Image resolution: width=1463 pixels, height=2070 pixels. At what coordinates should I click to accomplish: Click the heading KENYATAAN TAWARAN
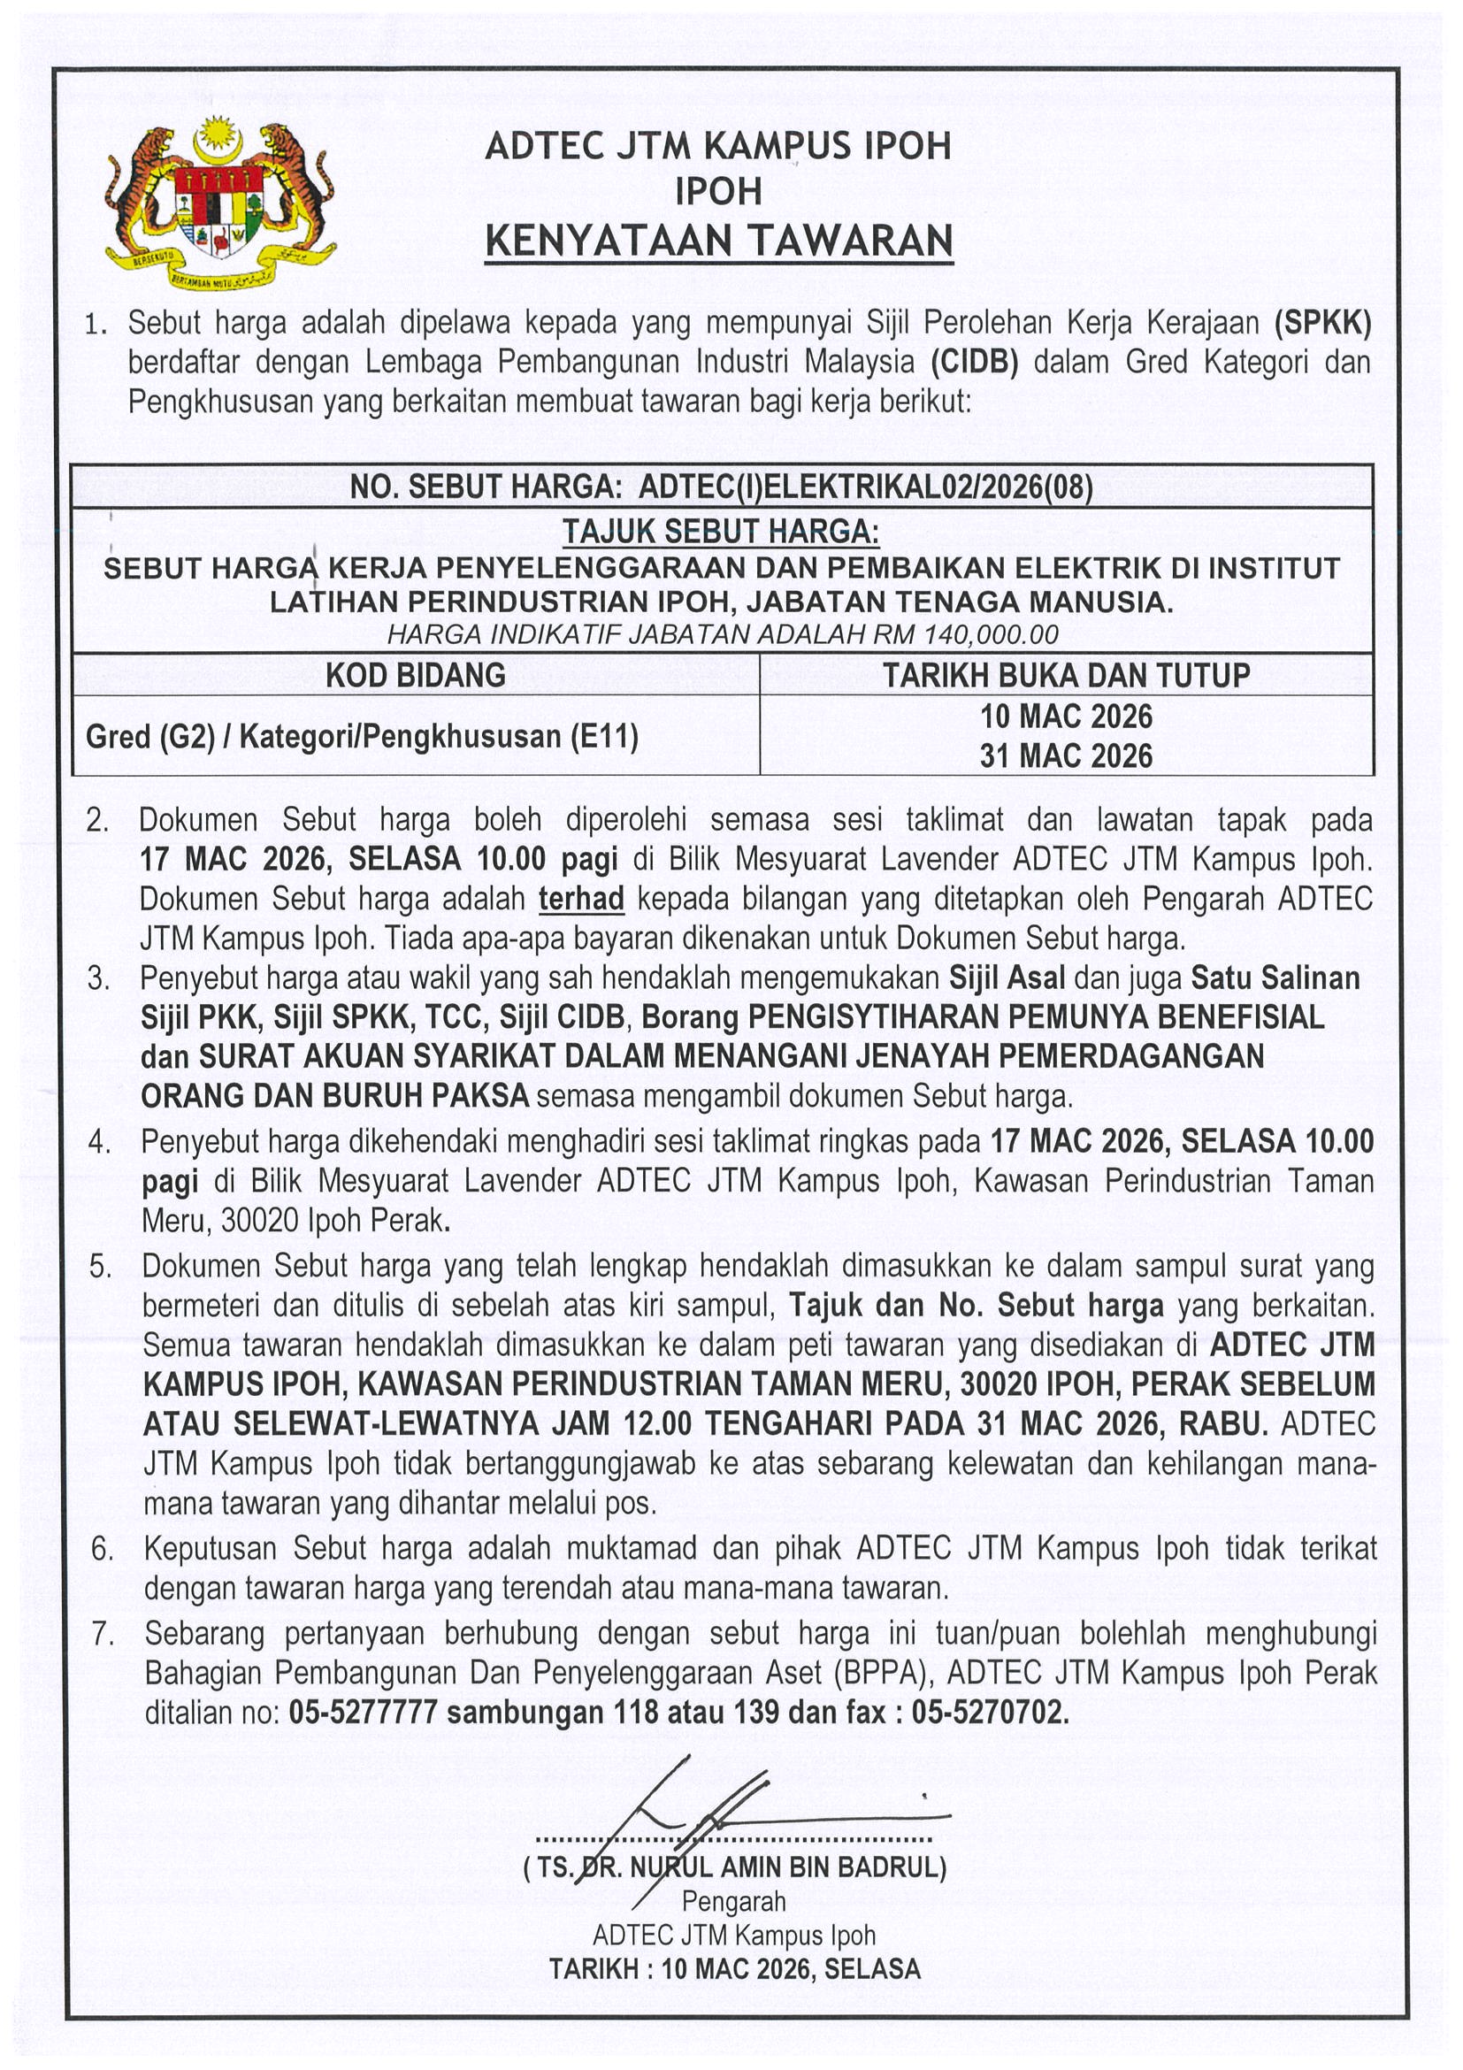pyautogui.click(x=718, y=241)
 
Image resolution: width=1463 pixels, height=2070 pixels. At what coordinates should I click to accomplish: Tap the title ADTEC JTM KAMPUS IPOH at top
pyautogui.click(x=718, y=146)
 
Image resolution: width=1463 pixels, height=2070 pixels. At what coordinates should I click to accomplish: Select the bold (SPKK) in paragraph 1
pyautogui.click(x=1322, y=322)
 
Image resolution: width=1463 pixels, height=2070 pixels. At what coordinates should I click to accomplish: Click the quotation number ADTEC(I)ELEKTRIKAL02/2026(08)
pyautogui.click(x=865, y=487)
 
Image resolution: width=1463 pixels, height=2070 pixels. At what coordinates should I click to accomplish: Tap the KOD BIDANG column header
pyautogui.click(x=416, y=674)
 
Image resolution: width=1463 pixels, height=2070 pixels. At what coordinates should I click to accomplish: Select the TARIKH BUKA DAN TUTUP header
pyautogui.click(x=1067, y=674)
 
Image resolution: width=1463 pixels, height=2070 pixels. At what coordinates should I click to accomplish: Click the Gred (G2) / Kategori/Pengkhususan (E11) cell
pyautogui.click(x=363, y=737)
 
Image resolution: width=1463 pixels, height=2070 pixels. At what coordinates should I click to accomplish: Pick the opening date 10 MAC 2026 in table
pyautogui.click(x=1067, y=716)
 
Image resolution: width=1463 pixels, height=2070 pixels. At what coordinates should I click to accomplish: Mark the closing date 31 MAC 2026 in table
pyautogui.click(x=1067, y=755)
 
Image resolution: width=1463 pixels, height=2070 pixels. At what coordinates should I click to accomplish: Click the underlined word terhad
pyautogui.click(x=581, y=899)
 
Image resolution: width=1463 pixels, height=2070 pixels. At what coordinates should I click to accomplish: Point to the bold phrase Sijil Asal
pyautogui.click(x=1007, y=977)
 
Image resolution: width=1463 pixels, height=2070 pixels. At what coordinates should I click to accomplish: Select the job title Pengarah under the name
pyautogui.click(x=734, y=1901)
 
